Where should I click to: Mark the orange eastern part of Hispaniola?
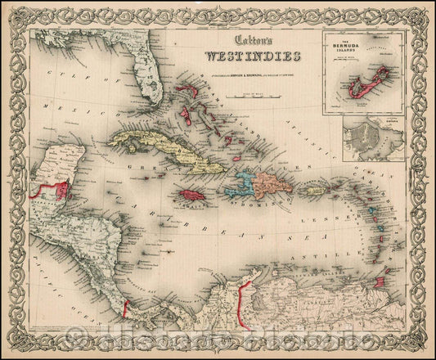pos(271,182)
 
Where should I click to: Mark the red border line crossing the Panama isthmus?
pos(125,310)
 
